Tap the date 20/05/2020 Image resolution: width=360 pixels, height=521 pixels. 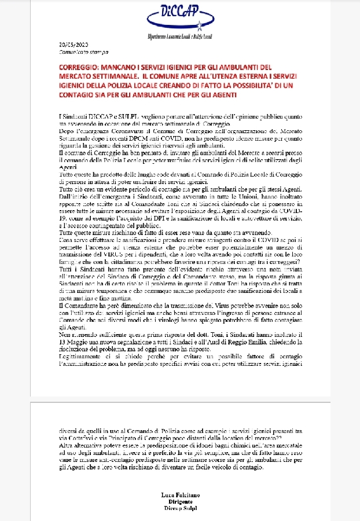72,45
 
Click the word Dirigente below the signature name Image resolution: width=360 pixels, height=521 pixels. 179,503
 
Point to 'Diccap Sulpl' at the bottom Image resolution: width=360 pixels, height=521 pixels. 179,509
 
